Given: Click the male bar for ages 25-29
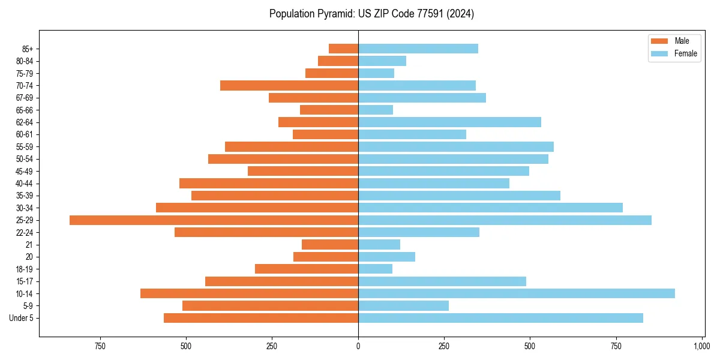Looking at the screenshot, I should click(214, 220).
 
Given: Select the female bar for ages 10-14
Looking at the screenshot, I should click(516, 293).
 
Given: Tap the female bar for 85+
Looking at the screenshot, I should click(418, 49).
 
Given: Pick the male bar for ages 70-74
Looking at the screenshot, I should click(289, 85).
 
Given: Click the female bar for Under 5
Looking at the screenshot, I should click(500, 318).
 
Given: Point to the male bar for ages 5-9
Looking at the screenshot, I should click(270, 306).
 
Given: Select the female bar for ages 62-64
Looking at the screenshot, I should click(449, 122).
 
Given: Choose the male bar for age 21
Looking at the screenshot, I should click(330, 245).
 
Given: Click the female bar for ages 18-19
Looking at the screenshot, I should click(375, 269).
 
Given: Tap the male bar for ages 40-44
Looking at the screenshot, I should click(269, 184).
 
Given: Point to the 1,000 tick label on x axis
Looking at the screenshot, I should click(701, 347).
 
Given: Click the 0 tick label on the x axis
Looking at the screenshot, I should click(358, 347).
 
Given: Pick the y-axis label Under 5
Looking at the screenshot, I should click(22, 318).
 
